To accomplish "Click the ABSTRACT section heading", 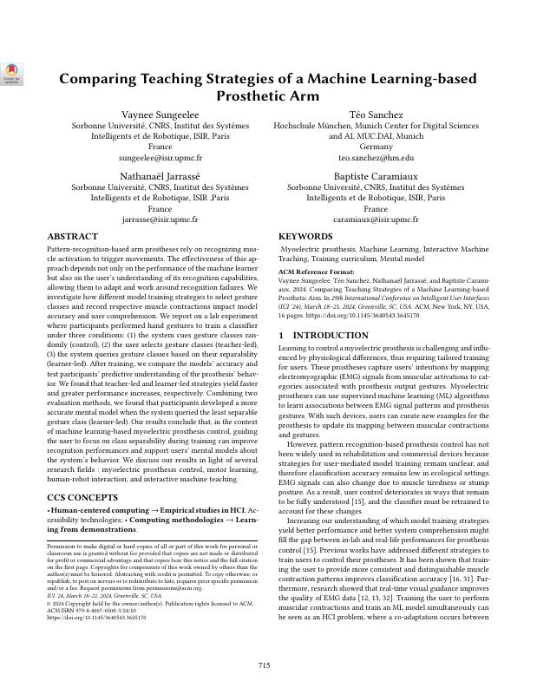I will (72, 236).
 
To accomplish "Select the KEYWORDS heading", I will (305, 236).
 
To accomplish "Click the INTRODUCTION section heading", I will (323, 335).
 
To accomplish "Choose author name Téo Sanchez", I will (376, 115).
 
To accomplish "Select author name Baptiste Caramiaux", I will (376, 175).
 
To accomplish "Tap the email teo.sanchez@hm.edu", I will (376, 159).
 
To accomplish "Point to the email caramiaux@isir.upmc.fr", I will (376, 219).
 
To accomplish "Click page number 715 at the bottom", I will (265, 665).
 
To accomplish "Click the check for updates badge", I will (11, 74).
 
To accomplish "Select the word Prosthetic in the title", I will (259, 95).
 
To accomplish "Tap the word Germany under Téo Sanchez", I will (376, 147).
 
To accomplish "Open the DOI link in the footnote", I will (96, 617).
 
